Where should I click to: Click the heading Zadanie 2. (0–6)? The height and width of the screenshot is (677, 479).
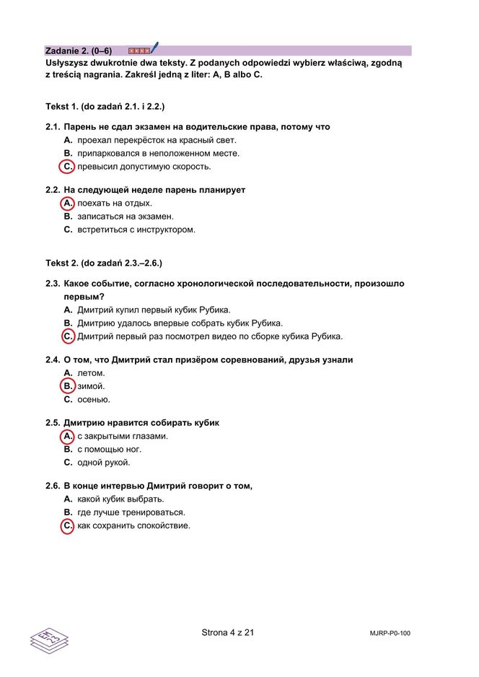tap(79, 51)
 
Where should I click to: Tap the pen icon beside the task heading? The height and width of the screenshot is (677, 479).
tap(154, 48)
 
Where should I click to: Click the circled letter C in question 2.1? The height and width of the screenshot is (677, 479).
tap(67, 167)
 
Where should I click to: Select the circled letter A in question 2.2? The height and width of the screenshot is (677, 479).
tap(67, 204)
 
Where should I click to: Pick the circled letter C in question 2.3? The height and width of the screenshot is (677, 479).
tap(67, 336)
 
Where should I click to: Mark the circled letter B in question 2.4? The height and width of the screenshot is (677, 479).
tap(67, 386)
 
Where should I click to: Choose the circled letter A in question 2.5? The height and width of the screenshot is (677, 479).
tap(67, 437)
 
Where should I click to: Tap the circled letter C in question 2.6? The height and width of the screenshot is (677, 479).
tap(67, 526)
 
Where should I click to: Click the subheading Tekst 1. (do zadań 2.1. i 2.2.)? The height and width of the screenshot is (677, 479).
tap(105, 107)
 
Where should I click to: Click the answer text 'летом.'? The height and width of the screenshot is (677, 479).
tap(91, 373)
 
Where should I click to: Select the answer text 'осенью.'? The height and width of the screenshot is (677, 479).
tap(94, 400)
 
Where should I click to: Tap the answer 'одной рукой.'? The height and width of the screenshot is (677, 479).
tap(104, 463)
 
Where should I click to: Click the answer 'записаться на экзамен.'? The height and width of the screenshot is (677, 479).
tap(126, 217)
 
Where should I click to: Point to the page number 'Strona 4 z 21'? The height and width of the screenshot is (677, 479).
tap(227, 633)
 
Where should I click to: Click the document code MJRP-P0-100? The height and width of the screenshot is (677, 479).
tap(390, 634)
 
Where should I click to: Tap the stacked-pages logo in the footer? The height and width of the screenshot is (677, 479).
tap(48, 638)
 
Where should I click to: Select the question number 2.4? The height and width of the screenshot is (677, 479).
tap(52, 359)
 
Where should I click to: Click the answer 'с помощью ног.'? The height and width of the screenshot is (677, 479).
tap(109, 450)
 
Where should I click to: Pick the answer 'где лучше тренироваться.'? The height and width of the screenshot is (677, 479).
tap(131, 512)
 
